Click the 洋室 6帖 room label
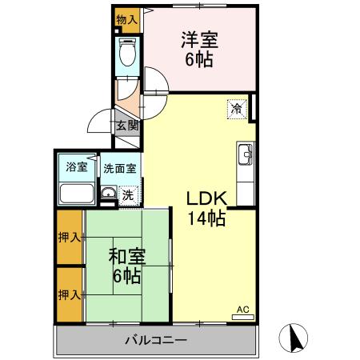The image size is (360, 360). click(199, 48)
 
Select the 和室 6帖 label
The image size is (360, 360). click(126, 267)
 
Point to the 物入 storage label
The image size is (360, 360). click(126, 18)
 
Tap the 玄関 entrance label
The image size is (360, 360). click(127, 126)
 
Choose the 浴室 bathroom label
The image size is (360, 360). click(76, 169)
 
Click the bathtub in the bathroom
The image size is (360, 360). click(77, 194)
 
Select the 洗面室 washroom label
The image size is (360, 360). click(120, 169)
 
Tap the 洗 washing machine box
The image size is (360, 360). click(127, 194)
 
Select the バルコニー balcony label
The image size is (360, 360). click(156, 341)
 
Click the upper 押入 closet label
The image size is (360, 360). click(69, 238)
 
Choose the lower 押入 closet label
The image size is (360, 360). click(69, 294)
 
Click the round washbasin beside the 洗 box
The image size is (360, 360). click(107, 193)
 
